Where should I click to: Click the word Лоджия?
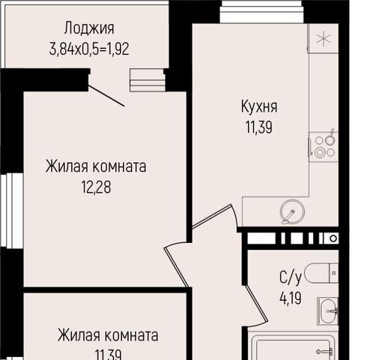(89, 28)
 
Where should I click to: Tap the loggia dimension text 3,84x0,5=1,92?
(89, 49)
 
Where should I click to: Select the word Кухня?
(259, 107)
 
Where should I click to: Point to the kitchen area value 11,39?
(259, 127)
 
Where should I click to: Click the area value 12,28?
(96, 187)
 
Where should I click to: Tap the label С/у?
(291, 277)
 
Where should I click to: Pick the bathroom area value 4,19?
(291, 298)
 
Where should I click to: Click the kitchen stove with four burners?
(324, 147)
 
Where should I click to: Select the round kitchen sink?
(293, 211)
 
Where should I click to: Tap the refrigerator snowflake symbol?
(324, 38)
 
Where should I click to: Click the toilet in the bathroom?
(321, 273)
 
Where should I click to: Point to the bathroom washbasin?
(328, 311)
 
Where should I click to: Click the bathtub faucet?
(324, 352)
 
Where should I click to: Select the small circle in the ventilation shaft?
(333, 238)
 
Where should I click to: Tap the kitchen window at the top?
(261, 12)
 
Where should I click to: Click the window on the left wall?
(12, 211)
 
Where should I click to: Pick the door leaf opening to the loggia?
(106, 96)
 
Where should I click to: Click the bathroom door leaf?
(257, 304)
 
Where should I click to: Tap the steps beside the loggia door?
(148, 80)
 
